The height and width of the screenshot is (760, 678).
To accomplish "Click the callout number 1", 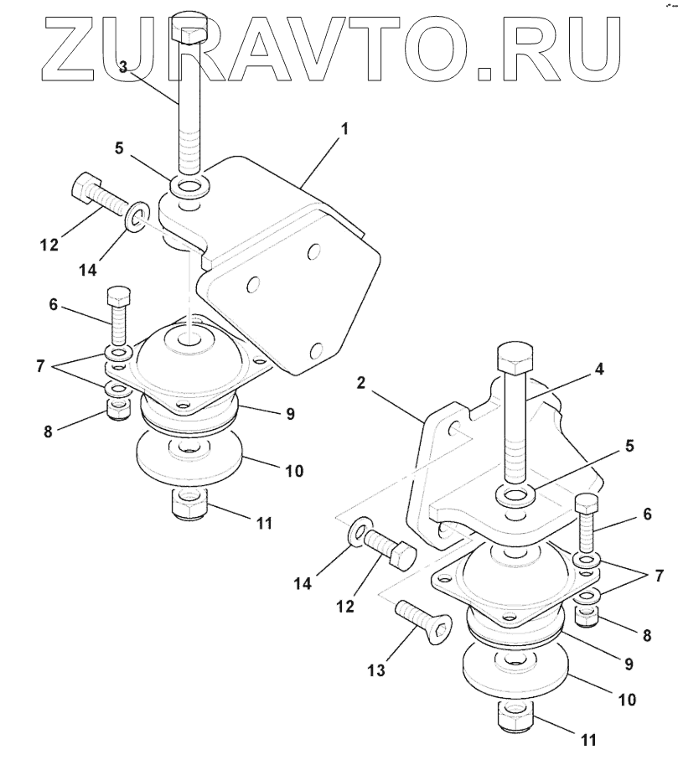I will tap(344, 130).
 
